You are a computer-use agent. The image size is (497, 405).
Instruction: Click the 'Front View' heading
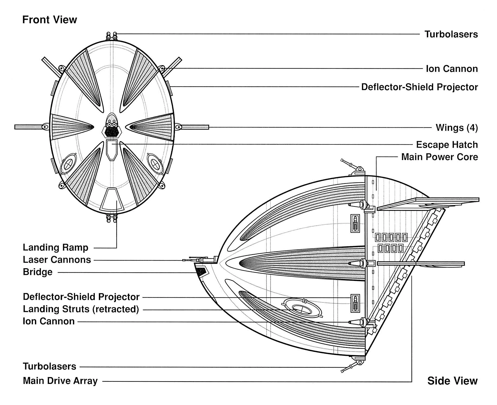click(x=50, y=20)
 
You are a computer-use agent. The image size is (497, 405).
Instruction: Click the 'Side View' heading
click(x=452, y=381)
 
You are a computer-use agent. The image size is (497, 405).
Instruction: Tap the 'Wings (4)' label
click(x=456, y=128)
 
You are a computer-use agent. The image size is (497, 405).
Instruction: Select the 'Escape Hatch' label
click(x=447, y=145)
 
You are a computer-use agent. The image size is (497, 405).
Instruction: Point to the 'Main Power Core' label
click(x=439, y=157)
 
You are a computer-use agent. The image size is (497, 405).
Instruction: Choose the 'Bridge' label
click(x=38, y=272)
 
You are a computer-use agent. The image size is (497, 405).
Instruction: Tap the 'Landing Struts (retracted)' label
click(x=81, y=309)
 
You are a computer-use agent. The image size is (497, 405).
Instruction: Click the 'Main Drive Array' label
click(x=60, y=381)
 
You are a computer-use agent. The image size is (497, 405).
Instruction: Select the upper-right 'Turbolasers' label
click(x=451, y=34)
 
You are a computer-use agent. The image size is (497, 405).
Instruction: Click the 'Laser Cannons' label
click(x=57, y=260)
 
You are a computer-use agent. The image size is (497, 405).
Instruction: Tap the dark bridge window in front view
click(x=112, y=132)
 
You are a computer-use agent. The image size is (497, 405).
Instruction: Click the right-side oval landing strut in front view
click(x=155, y=163)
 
